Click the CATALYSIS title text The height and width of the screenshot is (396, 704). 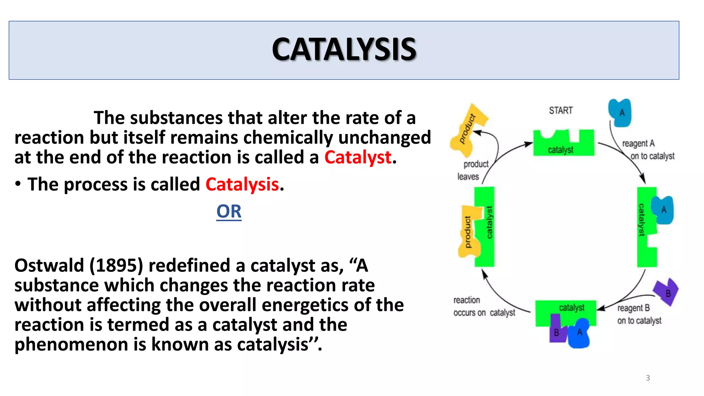344,50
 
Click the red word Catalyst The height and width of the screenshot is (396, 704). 357,157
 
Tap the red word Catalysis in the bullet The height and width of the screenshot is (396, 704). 242,184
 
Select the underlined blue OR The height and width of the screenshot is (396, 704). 229,211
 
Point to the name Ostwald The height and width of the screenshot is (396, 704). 49,266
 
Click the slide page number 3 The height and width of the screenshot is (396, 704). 648,378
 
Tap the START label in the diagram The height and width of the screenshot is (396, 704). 561,110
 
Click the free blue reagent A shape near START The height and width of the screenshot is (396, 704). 620,112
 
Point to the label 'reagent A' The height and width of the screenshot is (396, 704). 638,143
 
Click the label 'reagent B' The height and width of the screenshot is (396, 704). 634,308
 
